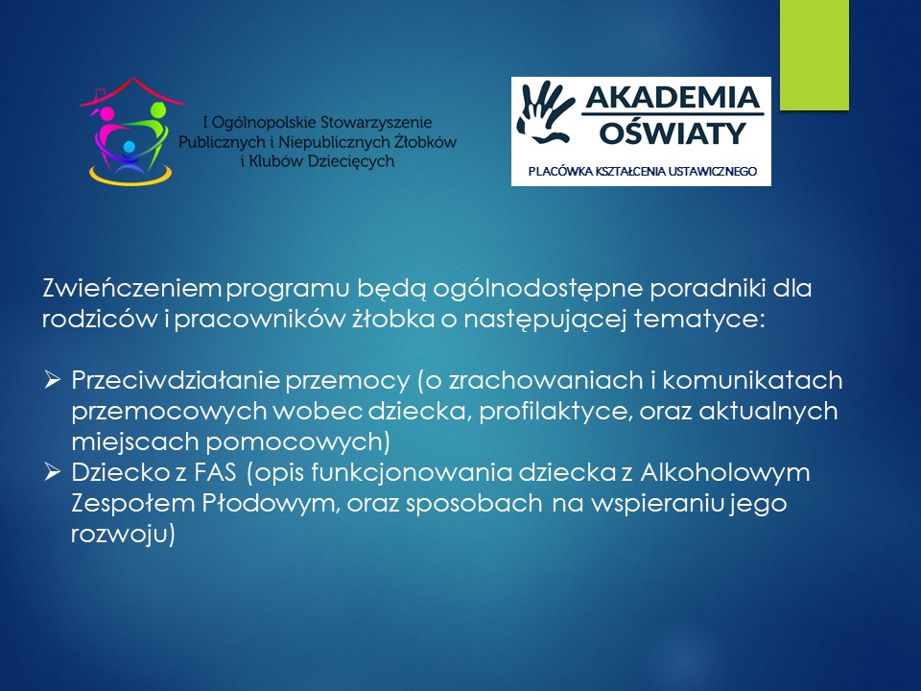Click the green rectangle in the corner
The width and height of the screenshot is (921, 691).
coord(815,55)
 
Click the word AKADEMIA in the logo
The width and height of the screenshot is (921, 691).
coord(673,97)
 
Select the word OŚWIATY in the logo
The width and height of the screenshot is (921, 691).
coord(673,132)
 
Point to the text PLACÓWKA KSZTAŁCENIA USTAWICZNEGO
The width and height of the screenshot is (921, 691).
coord(642,172)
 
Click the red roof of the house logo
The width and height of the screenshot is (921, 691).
coord(132,92)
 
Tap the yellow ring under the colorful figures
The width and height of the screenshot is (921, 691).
coord(130,176)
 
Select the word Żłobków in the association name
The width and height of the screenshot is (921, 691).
coord(426,142)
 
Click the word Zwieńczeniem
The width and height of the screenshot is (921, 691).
coord(131,288)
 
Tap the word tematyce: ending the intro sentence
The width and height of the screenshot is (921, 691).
coord(699,319)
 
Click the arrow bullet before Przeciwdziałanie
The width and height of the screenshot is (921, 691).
coord(52,380)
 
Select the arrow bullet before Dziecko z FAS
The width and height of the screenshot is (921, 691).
coord(52,471)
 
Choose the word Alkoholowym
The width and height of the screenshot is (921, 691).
coord(725,473)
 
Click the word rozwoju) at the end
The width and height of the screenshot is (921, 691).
coord(123,535)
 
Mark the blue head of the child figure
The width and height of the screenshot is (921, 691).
coord(130,146)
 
